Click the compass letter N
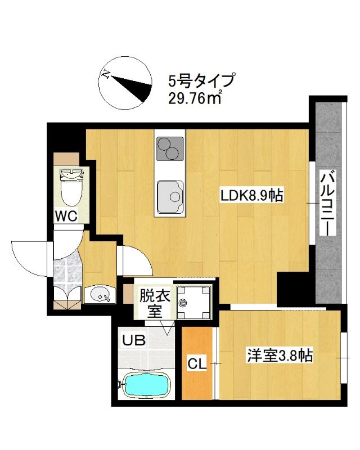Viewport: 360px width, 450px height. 105,74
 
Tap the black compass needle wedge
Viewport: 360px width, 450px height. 134,87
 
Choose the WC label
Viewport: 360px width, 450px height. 66,215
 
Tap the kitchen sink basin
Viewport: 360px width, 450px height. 170,195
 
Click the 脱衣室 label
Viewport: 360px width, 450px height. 154,302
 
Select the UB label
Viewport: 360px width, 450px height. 135,340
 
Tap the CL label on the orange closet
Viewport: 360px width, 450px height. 196,364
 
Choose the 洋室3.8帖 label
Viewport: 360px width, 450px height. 280,355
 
